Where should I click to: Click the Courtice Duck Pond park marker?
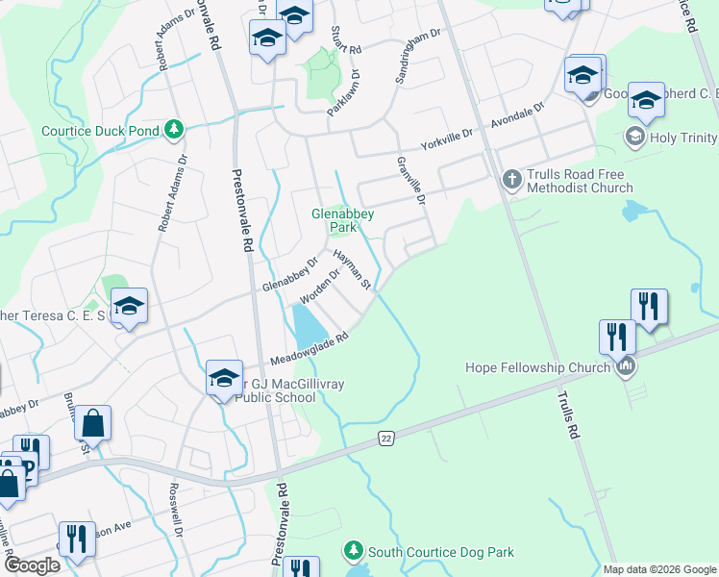click(174, 130)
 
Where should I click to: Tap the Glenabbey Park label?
click(341, 220)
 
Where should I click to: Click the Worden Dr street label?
click(320, 286)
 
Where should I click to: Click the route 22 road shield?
click(384, 438)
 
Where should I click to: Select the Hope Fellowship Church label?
click(538, 367)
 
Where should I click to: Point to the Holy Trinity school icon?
click(634, 138)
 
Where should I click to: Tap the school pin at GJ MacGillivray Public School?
click(224, 376)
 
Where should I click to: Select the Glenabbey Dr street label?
click(290, 276)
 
